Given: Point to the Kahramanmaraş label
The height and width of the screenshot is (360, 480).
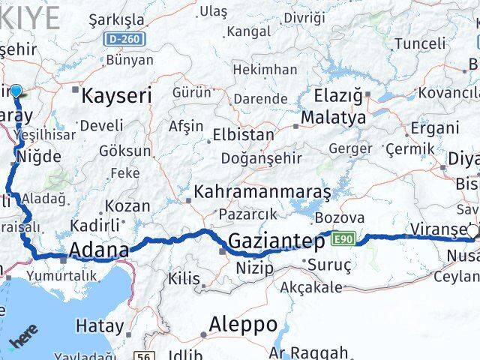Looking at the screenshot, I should pyautogui.click(x=262, y=192).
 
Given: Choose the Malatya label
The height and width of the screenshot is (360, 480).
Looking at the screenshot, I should pyautogui.click(x=333, y=118).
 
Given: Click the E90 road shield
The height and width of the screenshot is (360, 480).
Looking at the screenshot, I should pyautogui.click(x=342, y=239).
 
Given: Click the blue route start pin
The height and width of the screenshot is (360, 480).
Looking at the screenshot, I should pyautogui.click(x=16, y=92).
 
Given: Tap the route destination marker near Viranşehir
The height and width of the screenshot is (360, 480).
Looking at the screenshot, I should pyautogui.click(x=472, y=231).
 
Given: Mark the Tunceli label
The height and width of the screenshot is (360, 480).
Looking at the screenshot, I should pyautogui.click(x=419, y=43).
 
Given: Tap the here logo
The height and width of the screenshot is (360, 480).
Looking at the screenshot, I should pyautogui.click(x=23, y=336).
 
